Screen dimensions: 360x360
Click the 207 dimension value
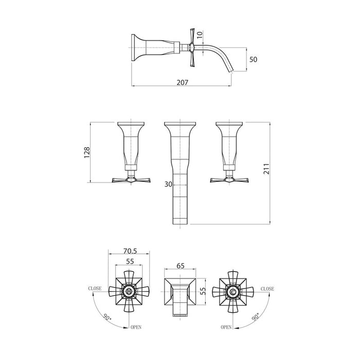tap(183, 82)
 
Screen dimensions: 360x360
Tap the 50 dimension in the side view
tap(253, 60)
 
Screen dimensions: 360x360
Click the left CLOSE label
tap(94, 290)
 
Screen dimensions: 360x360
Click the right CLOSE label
tap(267, 290)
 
